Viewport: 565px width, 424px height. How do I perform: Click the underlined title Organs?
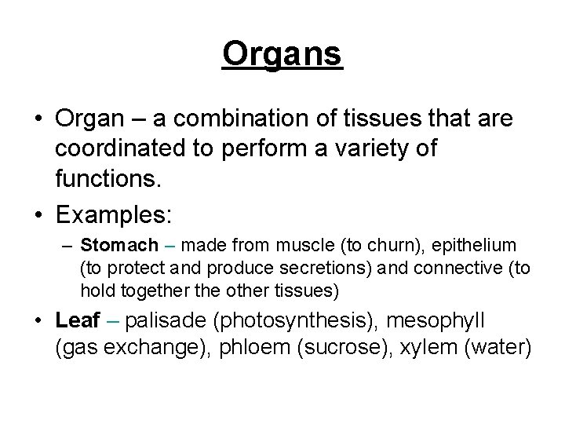(282, 54)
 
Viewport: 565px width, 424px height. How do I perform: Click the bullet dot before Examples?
(38, 214)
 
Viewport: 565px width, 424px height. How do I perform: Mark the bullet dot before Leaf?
(38, 321)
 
